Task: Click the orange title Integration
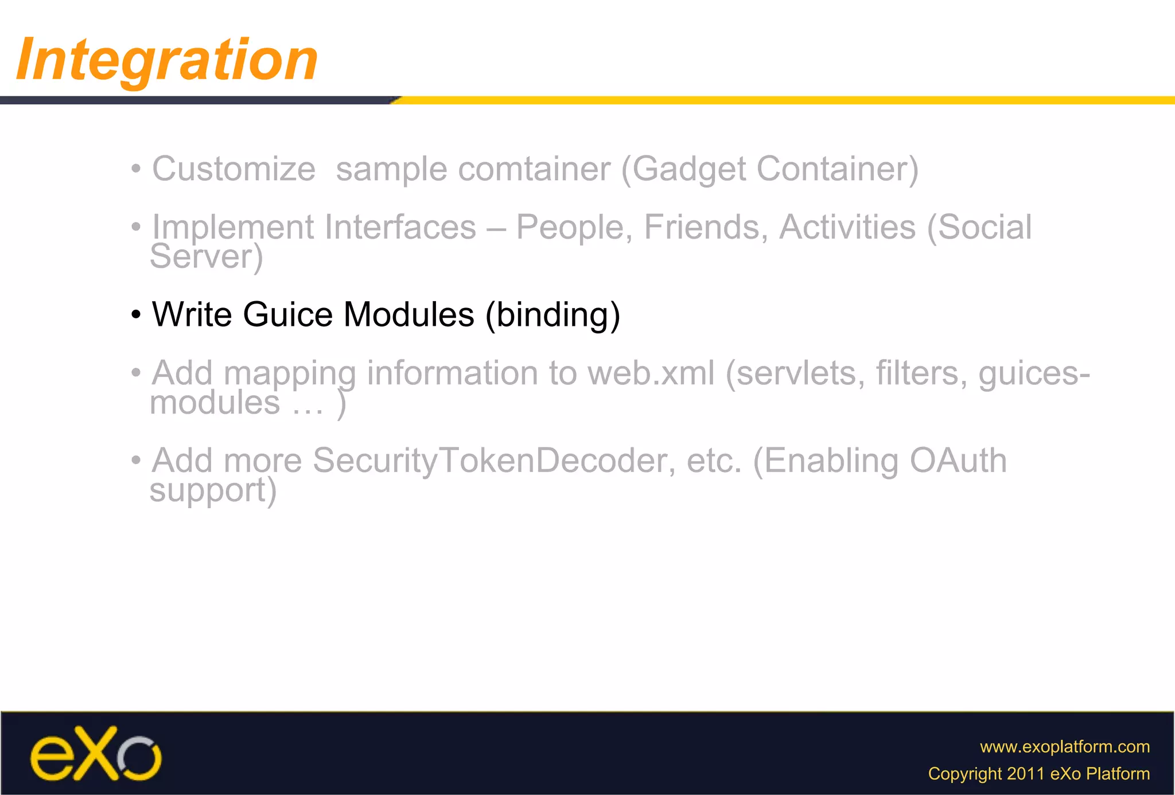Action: coord(167,60)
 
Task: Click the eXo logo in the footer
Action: coord(95,754)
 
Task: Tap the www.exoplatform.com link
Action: coord(1064,746)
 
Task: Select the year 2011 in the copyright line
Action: coord(1026,774)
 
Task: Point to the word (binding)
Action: coord(553,314)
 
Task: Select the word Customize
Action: coord(234,169)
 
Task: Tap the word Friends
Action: coord(706,227)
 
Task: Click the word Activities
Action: coord(847,227)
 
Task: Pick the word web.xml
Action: coord(651,373)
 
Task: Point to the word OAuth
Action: coord(958,461)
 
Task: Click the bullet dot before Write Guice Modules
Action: coord(136,315)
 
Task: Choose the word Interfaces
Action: coord(400,227)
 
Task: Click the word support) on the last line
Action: coord(213,490)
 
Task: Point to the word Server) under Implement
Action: coord(206,256)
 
